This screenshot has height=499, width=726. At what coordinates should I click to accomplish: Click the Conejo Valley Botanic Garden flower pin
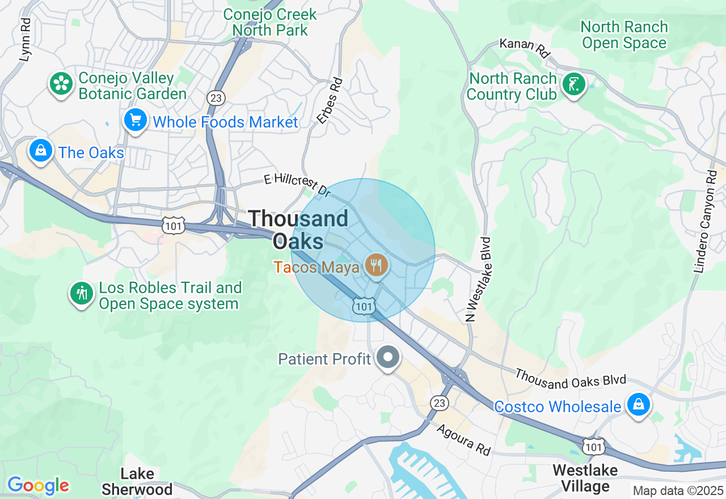[61, 84]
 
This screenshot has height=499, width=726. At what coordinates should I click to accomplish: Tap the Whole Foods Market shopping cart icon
[136, 120]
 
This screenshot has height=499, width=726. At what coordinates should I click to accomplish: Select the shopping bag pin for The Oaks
[41, 151]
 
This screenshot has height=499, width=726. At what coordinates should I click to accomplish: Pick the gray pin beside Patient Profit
[389, 358]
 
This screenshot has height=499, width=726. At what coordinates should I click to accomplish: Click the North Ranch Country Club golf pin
[573, 85]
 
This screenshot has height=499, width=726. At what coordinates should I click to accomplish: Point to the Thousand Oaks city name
[298, 229]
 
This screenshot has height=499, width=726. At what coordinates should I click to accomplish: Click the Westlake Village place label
[585, 478]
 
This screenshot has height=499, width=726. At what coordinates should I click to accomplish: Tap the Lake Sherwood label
[138, 481]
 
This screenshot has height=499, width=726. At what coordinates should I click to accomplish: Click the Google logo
[38, 485]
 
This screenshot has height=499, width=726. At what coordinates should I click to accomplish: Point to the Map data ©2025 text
[678, 490]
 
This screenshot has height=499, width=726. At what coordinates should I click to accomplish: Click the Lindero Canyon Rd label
[706, 222]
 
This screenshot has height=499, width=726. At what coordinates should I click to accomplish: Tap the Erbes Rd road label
[330, 101]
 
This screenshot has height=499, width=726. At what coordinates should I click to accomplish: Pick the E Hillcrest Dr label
[297, 184]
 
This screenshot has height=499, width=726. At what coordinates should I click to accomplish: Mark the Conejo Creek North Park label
[269, 22]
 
